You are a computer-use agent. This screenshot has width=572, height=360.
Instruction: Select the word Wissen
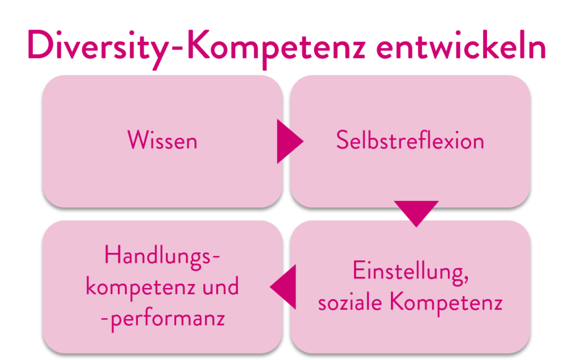coord(163,140)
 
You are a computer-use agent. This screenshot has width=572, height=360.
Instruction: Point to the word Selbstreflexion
coord(410,140)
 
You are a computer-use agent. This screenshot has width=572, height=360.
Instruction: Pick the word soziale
coord(350,302)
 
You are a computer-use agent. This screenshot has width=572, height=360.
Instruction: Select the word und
coord(221,286)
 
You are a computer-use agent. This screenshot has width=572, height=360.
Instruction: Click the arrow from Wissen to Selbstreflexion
coord(290,141)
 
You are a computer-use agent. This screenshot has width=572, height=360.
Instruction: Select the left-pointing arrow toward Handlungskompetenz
coord(283,287)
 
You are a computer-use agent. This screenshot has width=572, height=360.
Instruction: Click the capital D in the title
coord(40,45)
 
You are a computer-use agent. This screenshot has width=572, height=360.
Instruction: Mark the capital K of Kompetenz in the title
coord(198,45)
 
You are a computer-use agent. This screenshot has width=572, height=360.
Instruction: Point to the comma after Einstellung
coord(465,281)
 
